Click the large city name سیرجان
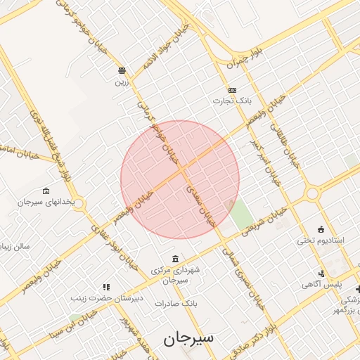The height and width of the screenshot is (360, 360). (x=188, y=338)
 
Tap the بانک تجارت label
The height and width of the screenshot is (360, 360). (x=232, y=101)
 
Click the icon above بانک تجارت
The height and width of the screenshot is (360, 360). (x=232, y=90)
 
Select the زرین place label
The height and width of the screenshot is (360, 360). (x=122, y=81)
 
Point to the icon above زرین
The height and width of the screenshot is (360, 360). (x=122, y=70)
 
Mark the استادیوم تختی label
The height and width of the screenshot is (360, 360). (x=321, y=240)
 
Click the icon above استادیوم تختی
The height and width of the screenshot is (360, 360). (x=321, y=229)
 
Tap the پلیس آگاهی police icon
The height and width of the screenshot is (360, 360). (x=321, y=274)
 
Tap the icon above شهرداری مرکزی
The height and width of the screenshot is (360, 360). (x=174, y=259)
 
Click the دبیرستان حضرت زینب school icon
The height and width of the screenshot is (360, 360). (x=107, y=287)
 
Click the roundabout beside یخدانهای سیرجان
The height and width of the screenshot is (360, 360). (x=78, y=204)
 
